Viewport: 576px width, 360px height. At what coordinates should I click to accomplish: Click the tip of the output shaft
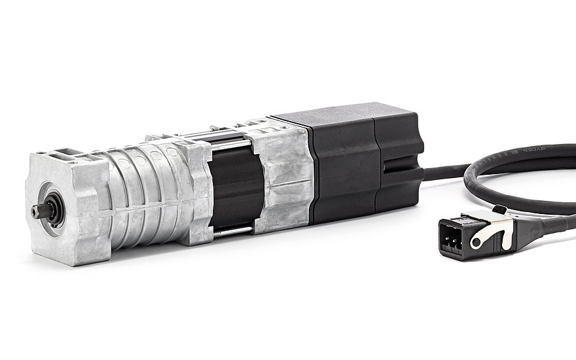(x=34, y=209)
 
